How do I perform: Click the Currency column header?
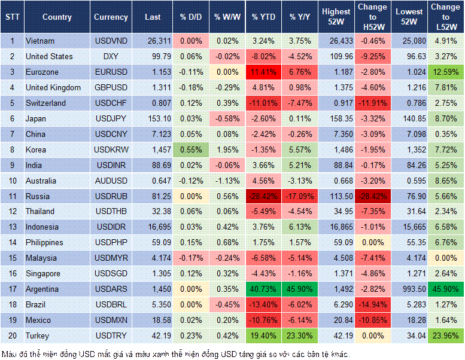click(111, 17)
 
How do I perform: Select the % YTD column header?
click(263, 17)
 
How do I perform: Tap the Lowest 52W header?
click(409, 17)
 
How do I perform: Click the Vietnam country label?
click(41, 41)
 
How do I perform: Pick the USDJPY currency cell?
click(111, 118)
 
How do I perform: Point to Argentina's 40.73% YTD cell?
click(263, 289)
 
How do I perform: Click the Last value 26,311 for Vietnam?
click(153, 41)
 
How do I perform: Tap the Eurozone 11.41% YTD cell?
click(263, 72)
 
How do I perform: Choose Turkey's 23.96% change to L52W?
click(446, 336)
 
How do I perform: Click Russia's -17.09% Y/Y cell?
click(300, 196)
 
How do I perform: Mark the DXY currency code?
click(111, 56)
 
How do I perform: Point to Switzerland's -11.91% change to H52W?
click(373, 103)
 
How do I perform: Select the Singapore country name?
click(44, 274)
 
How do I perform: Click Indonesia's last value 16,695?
click(153, 227)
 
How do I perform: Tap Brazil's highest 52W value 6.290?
click(336, 305)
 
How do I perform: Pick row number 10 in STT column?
click(12, 181)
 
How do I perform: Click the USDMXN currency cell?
click(111, 321)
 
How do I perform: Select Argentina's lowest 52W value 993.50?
click(409, 289)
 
